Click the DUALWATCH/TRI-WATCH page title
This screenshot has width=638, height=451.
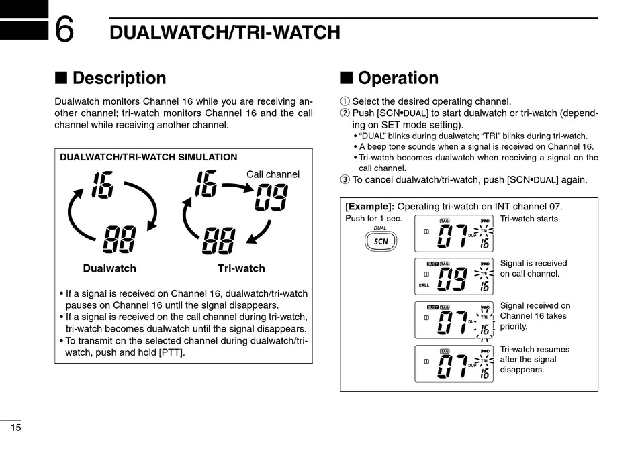coord(225,32)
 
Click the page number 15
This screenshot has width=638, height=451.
coord(15,428)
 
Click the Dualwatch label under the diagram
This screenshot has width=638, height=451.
coord(109,268)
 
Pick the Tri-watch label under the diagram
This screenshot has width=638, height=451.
coord(241,268)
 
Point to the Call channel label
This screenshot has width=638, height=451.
coord(273,174)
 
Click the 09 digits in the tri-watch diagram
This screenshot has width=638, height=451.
coord(271,197)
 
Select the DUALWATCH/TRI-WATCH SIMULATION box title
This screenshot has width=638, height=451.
coord(148,158)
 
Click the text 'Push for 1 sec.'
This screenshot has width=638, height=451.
coord(373,219)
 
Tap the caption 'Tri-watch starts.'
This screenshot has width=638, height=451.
coord(530,219)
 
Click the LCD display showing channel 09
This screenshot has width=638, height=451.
coord(453,277)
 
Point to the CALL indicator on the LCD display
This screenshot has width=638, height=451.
coord(424,285)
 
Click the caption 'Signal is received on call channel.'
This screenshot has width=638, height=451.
coord(533,268)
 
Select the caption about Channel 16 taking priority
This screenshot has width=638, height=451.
coord(535,316)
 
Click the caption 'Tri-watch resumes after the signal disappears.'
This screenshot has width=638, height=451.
coord(535,360)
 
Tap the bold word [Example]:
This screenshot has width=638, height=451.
coord(369,207)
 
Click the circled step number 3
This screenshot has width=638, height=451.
coord(345,180)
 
